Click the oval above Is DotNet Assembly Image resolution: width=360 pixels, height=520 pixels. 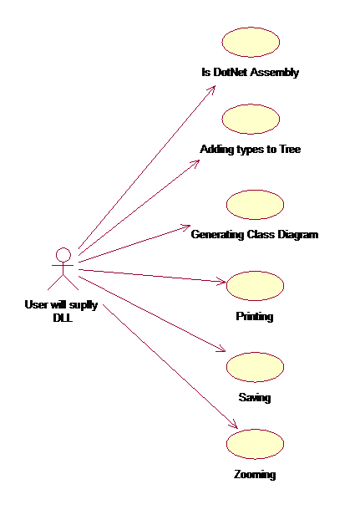(251, 42)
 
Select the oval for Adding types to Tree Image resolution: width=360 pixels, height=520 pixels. (251, 119)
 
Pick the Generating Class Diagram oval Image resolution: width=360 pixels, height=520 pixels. (255, 205)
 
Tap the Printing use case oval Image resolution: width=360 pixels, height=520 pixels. (255, 286)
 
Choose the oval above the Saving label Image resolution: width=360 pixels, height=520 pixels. (255, 367)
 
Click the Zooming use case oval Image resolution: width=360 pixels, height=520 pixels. (255, 444)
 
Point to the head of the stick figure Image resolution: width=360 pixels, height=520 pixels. (63, 255)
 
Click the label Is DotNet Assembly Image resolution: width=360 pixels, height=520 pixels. (251, 72)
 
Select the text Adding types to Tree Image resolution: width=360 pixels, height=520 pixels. (251, 150)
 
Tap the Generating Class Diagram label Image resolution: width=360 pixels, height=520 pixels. (255, 234)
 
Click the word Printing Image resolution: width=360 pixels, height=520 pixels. (255, 316)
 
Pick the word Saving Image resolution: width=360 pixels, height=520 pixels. (255, 397)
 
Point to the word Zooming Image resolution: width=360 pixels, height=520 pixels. (255, 474)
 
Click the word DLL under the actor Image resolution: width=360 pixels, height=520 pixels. (63, 318)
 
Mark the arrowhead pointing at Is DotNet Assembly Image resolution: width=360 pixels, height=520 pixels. (212, 90)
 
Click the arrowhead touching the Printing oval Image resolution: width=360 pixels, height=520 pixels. (221, 281)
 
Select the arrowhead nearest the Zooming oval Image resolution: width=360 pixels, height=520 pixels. (234, 424)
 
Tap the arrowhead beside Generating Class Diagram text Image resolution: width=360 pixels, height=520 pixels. (185, 227)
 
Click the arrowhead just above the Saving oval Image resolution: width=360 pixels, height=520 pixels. (221, 349)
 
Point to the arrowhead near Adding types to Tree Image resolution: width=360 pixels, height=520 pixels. (195, 164)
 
